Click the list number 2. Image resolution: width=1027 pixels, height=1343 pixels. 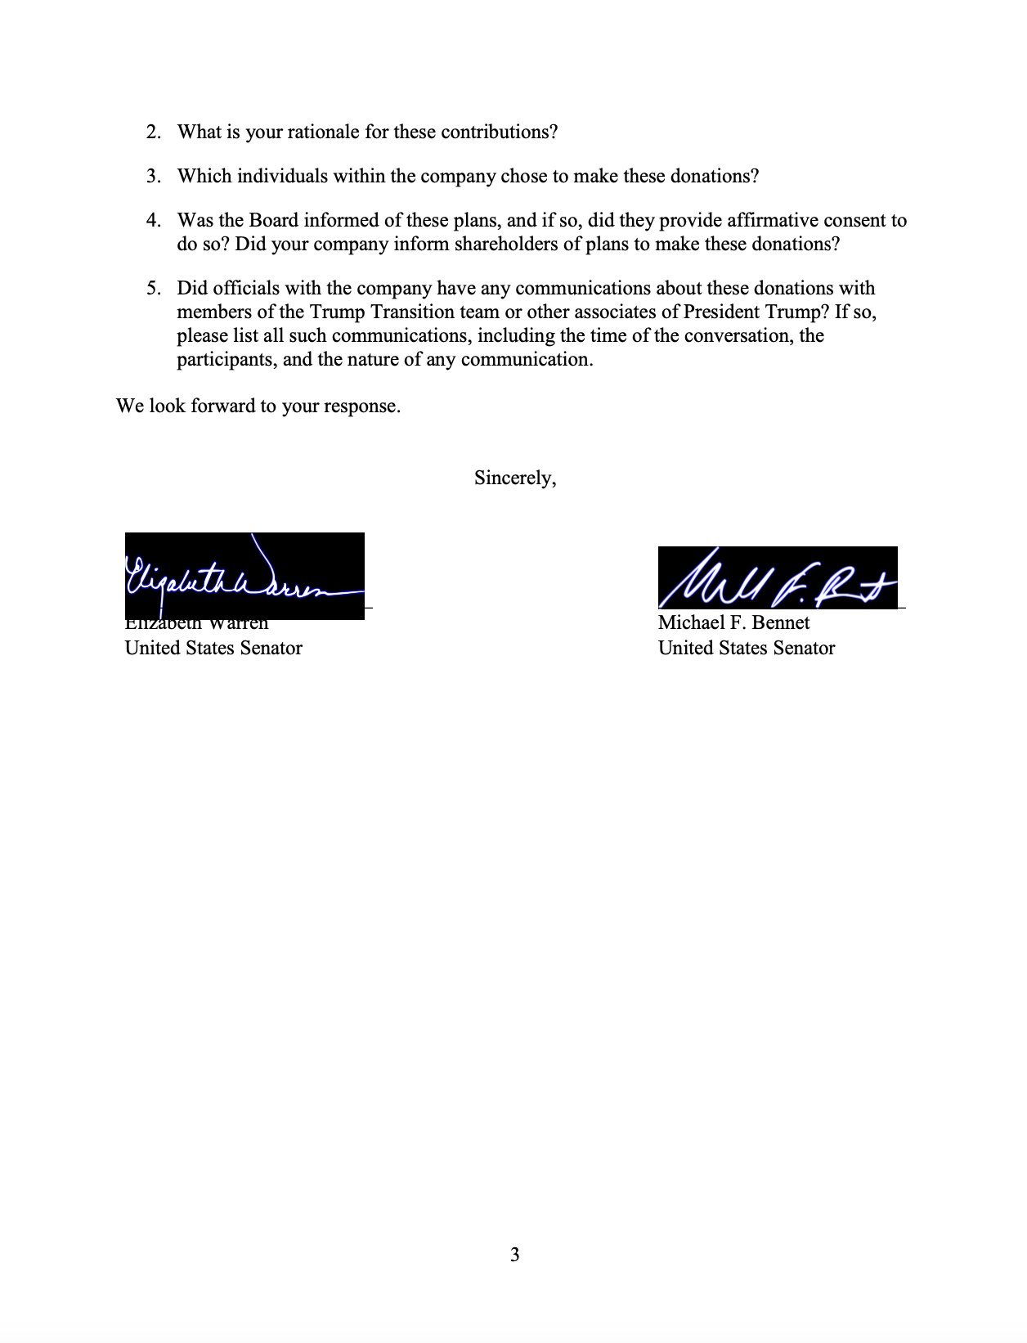point(153,133)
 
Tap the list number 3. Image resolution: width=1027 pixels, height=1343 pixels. point(153,177)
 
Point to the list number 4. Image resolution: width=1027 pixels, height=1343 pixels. point(153,221)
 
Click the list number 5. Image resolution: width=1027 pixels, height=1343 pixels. point(153,289)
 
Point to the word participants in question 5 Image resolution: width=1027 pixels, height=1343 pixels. point(226,360)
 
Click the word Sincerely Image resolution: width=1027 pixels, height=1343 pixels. point(515,478)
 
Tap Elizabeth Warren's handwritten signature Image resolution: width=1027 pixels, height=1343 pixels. point(244,577)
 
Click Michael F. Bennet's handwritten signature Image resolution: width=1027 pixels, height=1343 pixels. point(777,578)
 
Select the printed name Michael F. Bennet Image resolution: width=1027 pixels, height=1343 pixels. point(733,623)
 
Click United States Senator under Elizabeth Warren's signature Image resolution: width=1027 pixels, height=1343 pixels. point(213,649)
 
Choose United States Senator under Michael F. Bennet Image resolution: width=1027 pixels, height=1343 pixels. point(747,649)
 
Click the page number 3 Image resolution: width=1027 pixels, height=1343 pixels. point(514,1255)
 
